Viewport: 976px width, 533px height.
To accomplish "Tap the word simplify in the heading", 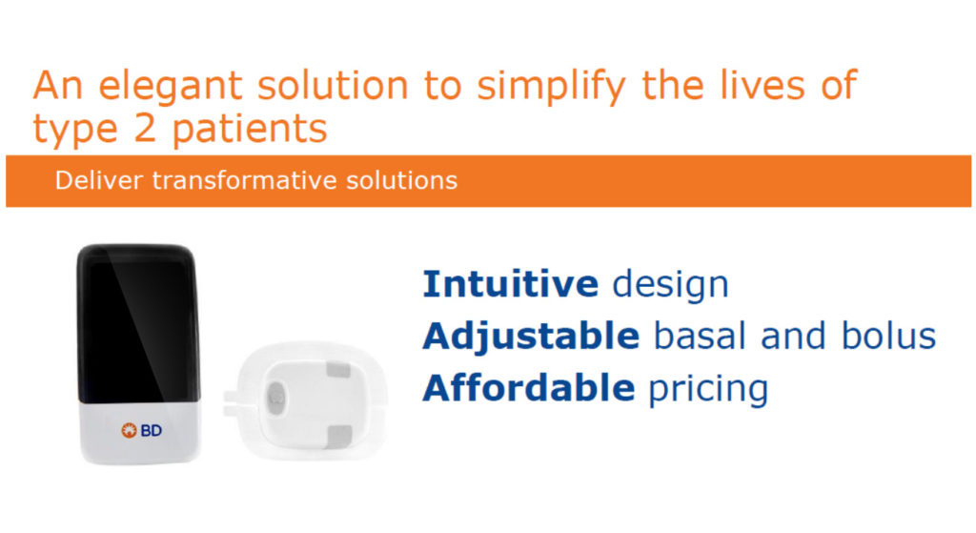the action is pyautogui.click(x=551, y=86).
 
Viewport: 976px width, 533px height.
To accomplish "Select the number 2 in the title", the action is pyautogui.click(x=144, y=128).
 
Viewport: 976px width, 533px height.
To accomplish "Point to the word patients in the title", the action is pyautogui.click(x=249, y=128).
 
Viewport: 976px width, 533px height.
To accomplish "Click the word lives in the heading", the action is pyautogui.click(x=762, y=85).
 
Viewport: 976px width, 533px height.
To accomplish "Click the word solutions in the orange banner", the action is pyautogui.click(x=401, y=180).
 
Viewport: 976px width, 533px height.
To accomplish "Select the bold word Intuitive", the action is pyautogui.click(x=511, y=283).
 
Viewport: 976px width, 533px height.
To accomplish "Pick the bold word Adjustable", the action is pyautogui.click(x=531, y=337).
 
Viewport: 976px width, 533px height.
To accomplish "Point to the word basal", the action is pyautogui.click(x=700, y=336).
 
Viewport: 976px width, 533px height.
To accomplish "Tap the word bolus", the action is pyautogui.click(x=888, y=336).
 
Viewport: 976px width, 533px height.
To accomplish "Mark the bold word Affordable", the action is pyautogui.click(x=528, y=387).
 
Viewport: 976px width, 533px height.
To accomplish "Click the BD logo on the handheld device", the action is pyautogui.click(x=141, y=430).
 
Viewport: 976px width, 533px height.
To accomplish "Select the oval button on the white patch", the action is pyautogui.click(x=275, y=396).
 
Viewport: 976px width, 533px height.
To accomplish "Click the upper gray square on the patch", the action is pyautogui.click(x=338, y=371).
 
